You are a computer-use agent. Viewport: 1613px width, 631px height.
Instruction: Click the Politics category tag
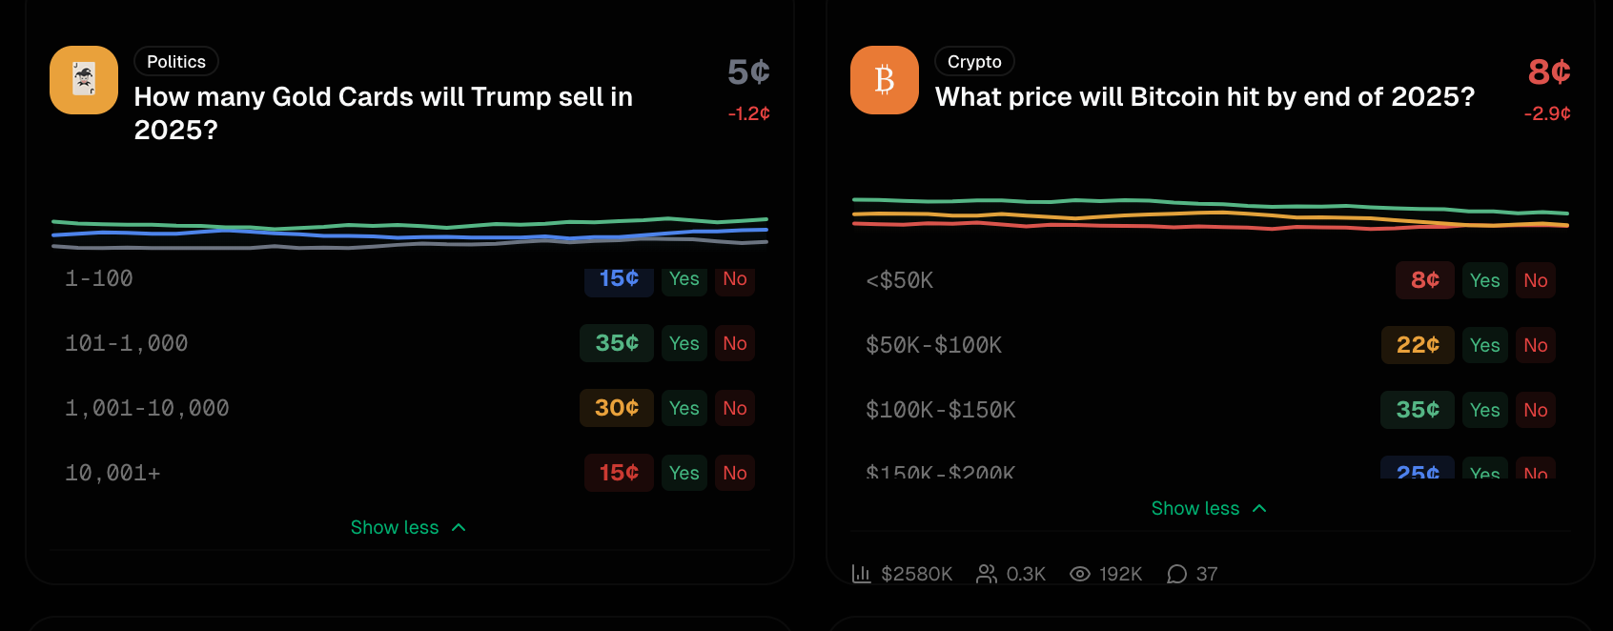[176, 62]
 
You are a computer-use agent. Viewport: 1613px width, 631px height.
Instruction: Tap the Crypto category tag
[974, 62]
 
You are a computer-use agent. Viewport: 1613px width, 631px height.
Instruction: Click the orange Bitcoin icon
[884, 80]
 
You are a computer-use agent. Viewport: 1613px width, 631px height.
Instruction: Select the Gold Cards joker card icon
[84, 80]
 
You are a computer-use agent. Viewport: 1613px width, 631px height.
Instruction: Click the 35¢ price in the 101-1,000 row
[617, 343]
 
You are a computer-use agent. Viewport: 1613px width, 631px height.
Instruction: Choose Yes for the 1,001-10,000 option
[684, 408]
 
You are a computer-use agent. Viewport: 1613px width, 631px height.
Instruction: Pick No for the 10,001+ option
[734, 473]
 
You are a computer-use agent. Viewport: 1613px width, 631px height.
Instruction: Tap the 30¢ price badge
[617, 408]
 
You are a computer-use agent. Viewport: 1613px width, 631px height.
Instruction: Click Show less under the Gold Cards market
[407, 527]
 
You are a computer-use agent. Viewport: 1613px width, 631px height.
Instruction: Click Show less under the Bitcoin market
[1208, 508]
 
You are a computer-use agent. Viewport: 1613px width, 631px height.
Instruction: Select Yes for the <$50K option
[1484, 280]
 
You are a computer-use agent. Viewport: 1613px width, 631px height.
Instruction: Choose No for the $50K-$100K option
[1535, 345]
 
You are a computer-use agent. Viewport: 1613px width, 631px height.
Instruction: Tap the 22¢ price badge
[1418, 345]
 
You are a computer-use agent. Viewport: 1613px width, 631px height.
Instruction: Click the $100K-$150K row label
[940, 410]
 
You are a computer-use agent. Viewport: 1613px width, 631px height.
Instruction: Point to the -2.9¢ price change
[1546, 113]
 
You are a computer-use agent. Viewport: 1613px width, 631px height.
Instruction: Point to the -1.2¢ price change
[748, 113]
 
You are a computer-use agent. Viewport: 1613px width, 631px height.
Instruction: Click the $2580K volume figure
[915, 574]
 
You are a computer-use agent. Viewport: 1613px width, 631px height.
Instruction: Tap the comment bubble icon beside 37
[1176, 574]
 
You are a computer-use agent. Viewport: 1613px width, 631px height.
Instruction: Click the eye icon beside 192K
[1079, 574]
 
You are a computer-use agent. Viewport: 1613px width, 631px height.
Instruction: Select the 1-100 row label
[99, 278]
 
